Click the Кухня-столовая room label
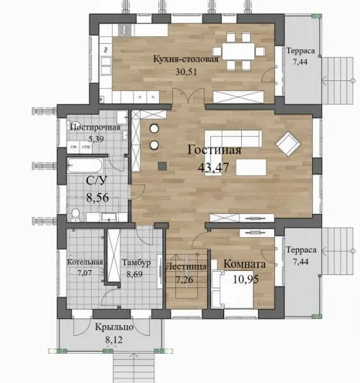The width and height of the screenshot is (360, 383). tap(186, 59)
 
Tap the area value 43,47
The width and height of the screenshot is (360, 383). tap(213, 168)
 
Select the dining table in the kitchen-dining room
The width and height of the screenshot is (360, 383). tap(238, 52)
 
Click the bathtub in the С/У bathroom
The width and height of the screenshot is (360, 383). tap(85, 165)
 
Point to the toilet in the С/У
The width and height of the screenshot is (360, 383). tap(76, 215)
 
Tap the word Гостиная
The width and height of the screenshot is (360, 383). tap(214, 150)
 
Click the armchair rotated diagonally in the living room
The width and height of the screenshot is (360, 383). tap(288, 144)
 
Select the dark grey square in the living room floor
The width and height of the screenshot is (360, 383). tap(162, 166)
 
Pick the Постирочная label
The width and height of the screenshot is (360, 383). tap(95, 127)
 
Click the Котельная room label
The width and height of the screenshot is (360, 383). tap(85, 263)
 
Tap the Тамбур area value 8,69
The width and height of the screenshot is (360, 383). tap(134, 274)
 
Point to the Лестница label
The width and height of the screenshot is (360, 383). tap(185, 266)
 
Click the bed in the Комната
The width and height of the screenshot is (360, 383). tap(233, 289)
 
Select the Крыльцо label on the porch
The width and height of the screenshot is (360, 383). tap(114, 327)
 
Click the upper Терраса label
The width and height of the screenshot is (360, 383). tap(301, 51)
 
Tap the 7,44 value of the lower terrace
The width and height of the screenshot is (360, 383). tap(301, 262)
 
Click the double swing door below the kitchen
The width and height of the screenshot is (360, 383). tap(188, 96)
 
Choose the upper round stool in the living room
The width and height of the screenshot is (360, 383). tap(155, 128)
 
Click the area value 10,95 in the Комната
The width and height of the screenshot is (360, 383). tap(246, 280)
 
